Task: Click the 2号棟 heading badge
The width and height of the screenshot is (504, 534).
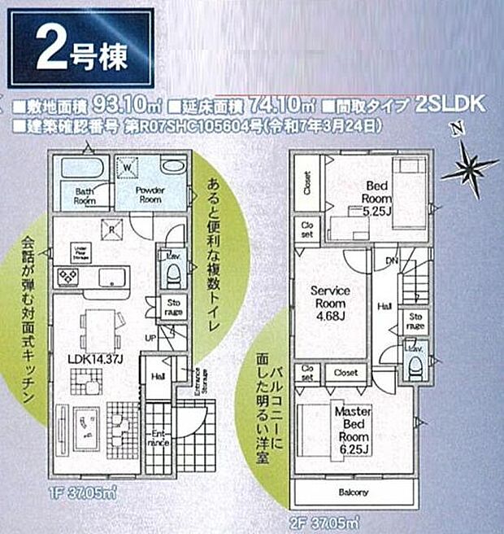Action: (80, 49)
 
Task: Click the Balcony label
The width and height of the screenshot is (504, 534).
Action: (353, 492)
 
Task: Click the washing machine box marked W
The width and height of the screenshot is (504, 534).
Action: (127, 170)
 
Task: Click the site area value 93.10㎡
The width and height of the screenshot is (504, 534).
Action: (124, 104)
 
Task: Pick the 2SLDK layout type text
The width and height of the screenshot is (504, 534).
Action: (449, 104)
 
